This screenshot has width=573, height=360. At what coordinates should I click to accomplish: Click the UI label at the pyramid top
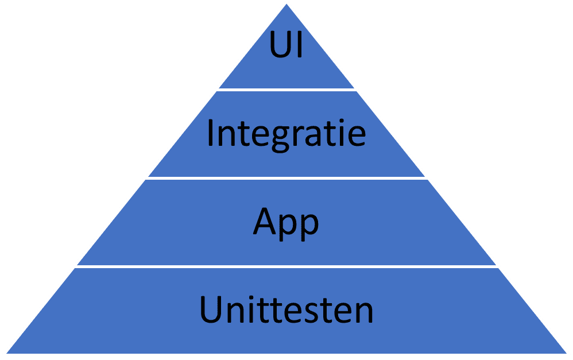(286, 44)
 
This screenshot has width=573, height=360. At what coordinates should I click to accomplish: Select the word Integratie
(286, 135)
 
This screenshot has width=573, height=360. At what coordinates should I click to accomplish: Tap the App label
(286, 223)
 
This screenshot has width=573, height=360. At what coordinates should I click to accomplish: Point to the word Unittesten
(286, 309)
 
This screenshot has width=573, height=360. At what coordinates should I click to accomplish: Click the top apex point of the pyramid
(286, 4)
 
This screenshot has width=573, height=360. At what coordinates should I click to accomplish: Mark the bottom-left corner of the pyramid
(6, 354)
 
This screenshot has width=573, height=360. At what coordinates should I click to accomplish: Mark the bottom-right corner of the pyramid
(567, 354)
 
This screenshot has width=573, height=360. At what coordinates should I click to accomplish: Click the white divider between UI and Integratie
(286, 90)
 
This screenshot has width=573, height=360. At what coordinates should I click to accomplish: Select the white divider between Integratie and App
(286, 179)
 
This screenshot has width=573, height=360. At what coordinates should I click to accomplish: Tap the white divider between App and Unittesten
(286, 267)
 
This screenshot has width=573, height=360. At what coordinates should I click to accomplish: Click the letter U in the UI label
(281, 45)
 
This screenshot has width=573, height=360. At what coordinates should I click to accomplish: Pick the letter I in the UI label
(300, 44)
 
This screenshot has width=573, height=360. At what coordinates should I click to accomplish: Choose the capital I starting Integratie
(211, 132)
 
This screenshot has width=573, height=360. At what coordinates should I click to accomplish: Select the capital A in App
(265, 221)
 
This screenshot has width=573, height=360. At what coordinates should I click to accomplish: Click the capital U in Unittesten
(211, 309)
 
